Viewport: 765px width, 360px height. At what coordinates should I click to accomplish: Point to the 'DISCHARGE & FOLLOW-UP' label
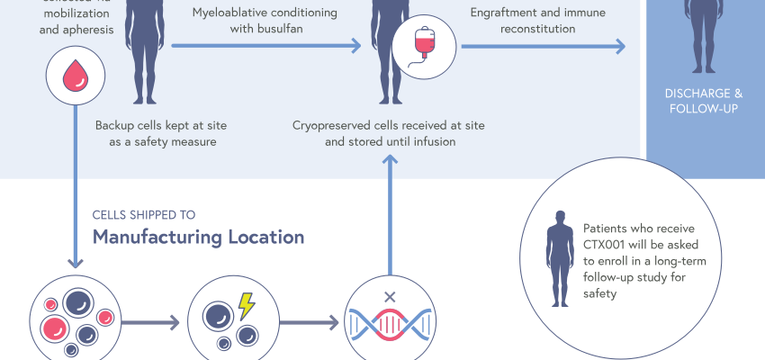click(x=705, y=101)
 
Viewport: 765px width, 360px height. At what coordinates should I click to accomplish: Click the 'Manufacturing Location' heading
click(x=199, y=238)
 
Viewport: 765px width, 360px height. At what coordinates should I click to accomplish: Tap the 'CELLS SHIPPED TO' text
click(x=144, y=215)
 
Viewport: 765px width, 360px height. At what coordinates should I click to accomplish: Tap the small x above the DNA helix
click(x=390, y=295)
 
